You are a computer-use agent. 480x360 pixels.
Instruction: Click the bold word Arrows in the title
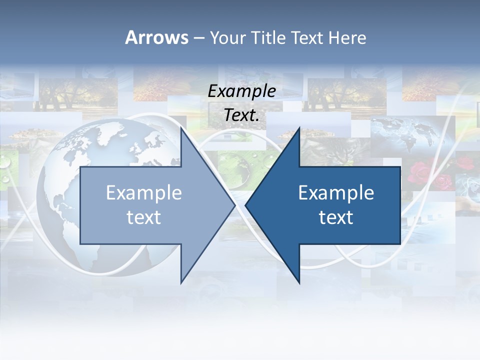pyautogui.click(x=156, y=37)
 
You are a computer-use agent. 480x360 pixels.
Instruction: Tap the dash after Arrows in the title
pyautogui.click(x=198, y=38)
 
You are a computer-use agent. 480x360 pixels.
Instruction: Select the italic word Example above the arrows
pyautogui.click(x=241, y=91)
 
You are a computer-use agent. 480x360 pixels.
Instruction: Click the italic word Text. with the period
pyautogui.click(x=241, y=115)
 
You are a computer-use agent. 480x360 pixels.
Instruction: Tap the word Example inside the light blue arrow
pyautogui.click(x=143, y=192)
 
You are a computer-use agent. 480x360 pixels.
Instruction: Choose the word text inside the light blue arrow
pyautogui.click(x=143, y=217)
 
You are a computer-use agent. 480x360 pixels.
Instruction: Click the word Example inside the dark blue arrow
pyautogui.click(x=336, y=192)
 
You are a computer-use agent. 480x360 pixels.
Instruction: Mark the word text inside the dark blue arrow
pyautogui.click(x=336, y=217)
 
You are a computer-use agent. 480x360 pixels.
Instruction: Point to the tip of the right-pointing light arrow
pyautogui.click(x=235, y=205)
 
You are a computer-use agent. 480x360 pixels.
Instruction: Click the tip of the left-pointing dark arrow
pyautogui.click(x=245, y=205)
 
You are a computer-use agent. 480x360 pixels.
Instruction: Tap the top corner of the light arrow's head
pyautogui.click(x=181, y=127)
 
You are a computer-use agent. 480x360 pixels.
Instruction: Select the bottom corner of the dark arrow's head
pyautogui.click(x=299, y=283)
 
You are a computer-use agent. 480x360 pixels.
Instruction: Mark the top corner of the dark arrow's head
pyautogui.click(x=299, y=127)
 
